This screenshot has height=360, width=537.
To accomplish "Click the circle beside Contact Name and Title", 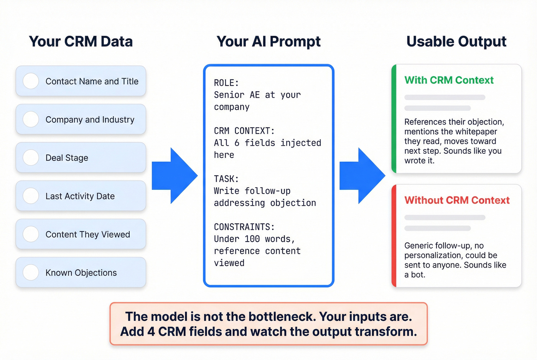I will click(x=31, y=81).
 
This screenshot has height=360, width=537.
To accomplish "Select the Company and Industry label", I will click(x=90, y=120).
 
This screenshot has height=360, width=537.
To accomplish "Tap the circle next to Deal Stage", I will click(x=31, y=158).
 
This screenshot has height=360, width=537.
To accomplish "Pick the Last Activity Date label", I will click(x=80, y=196).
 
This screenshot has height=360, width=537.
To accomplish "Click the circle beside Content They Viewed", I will click(x=31, y=234).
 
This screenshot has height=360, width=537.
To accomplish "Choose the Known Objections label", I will click(x=81, y=273).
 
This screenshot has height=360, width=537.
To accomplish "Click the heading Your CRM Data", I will click(x=81, y=41).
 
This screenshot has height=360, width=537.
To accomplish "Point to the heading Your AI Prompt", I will click(x=268, y=41).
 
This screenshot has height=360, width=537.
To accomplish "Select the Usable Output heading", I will click(x=456, y=41).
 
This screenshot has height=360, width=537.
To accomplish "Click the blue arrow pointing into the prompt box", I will click(x=175, y=176).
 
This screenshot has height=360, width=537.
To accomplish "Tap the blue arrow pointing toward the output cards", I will click(x=362, y=176).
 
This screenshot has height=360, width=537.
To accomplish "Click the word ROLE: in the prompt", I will click(x=226, y=83).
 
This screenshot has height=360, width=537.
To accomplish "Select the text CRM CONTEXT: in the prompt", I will click(x=244, y=131).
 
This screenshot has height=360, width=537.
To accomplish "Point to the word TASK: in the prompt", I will click(x=226, y=179).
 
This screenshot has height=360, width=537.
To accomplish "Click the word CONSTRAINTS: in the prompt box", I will click(x=244, y=227).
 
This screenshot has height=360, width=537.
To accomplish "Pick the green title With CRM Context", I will click(x=449, y=80).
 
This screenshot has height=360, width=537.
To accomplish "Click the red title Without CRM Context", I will click(x=457, y=200).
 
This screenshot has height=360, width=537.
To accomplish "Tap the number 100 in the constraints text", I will click(x=252, y=239).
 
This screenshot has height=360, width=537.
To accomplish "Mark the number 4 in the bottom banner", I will click(x=151, y=332).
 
